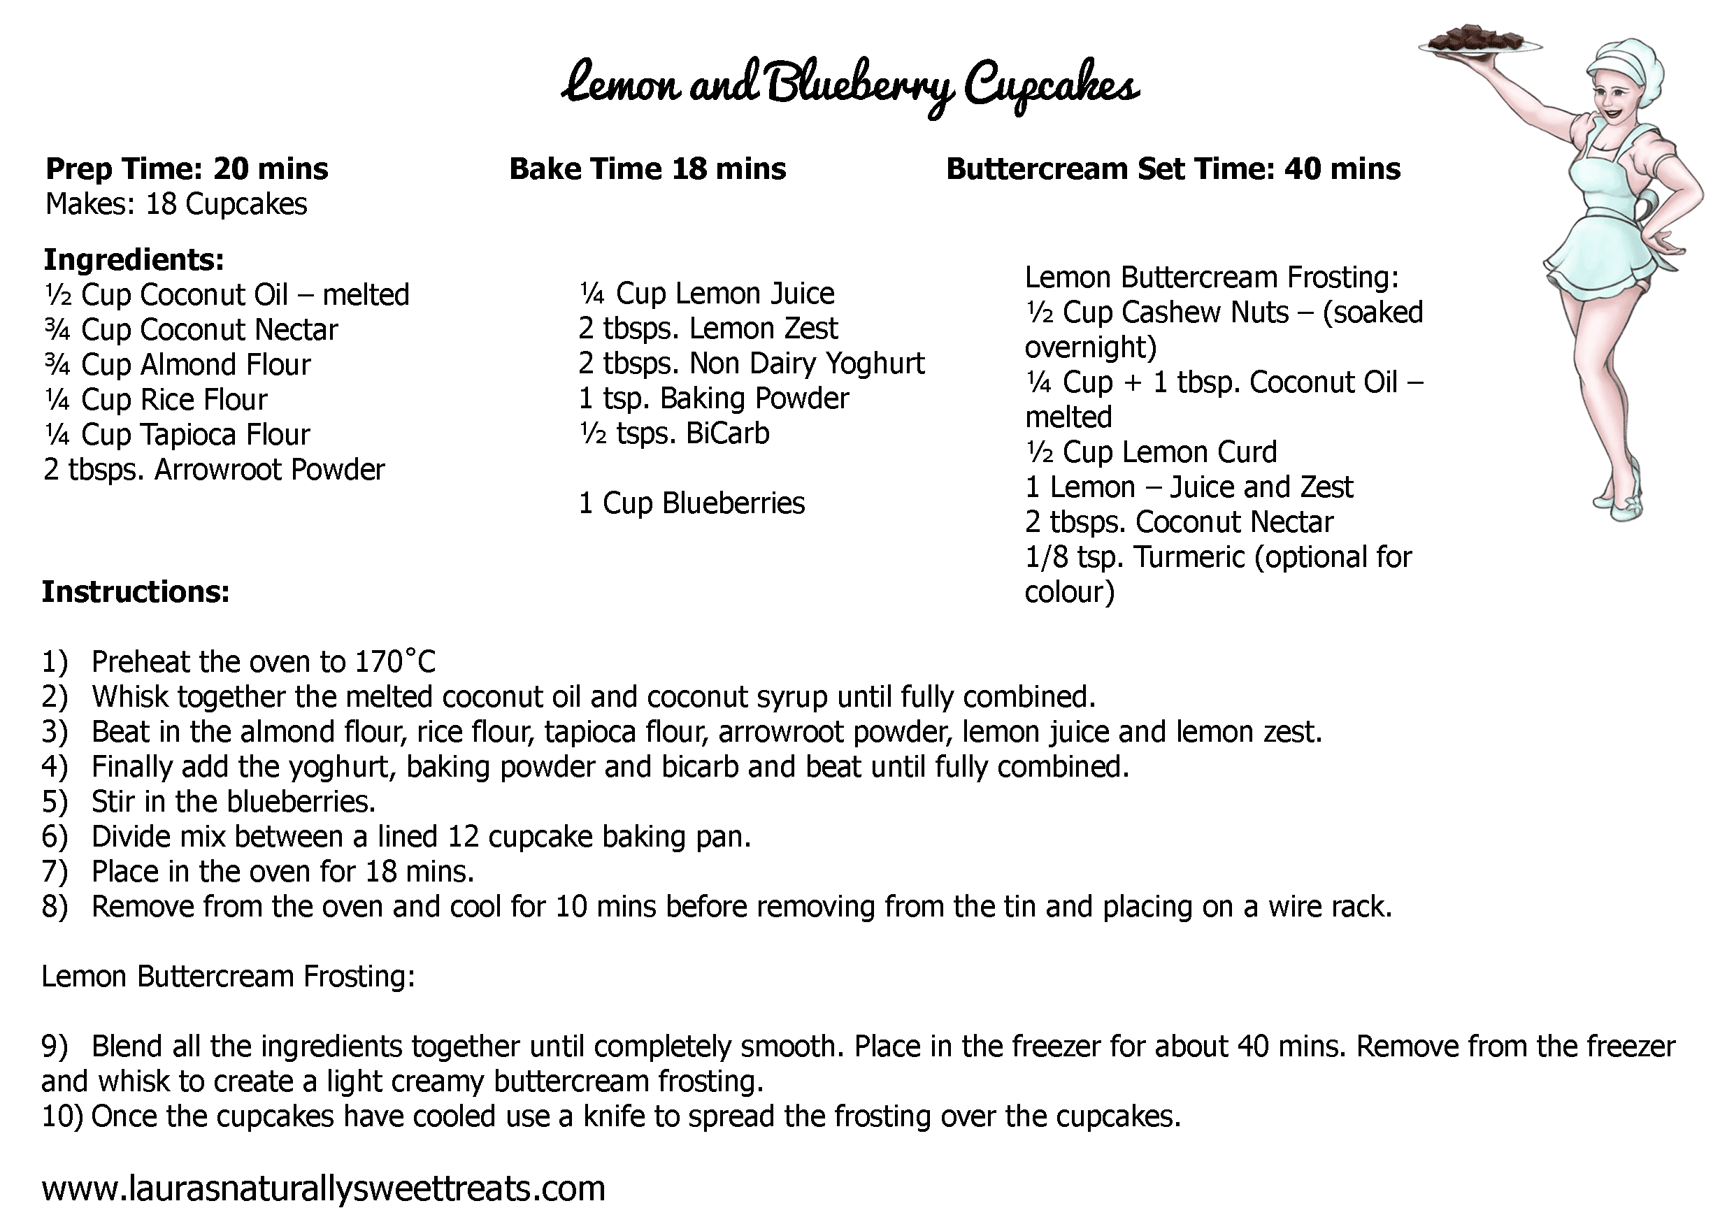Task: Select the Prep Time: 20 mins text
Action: (187, 168)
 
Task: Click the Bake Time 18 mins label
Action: (647, 168)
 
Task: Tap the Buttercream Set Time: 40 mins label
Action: (1172, 168)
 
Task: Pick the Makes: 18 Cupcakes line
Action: (176, 204)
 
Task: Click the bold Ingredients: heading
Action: (134, 259)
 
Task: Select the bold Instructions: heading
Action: (135, 591)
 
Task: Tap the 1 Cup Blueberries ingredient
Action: (691, 503)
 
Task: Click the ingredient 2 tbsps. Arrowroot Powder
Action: (214, 470)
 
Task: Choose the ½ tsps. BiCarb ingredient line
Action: (673, 433)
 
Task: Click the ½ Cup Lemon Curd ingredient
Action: (1150, 452)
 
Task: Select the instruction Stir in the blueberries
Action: (234, 801)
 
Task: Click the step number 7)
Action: (55, 872)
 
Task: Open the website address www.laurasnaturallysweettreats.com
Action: (323, 1187)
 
